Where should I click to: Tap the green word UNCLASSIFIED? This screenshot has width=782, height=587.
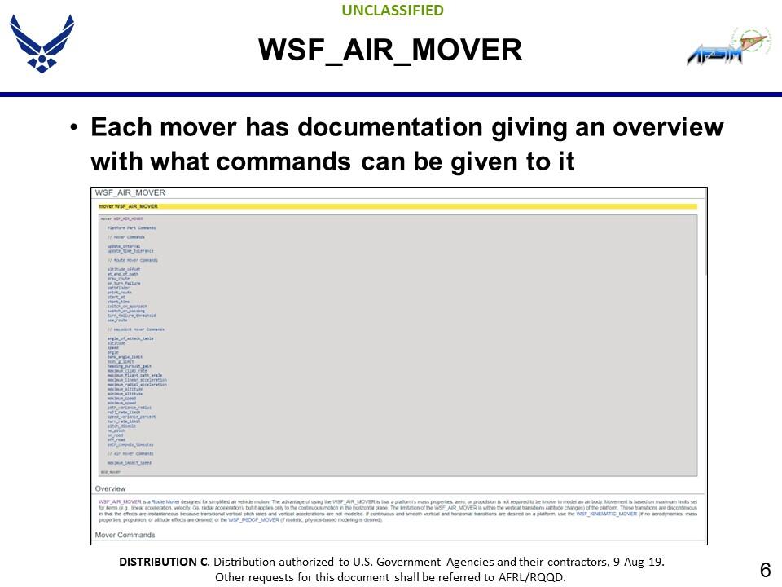point(393,11)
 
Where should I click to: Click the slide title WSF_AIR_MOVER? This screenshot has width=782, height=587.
point(390,51)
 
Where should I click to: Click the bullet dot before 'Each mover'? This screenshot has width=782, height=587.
point(74,129)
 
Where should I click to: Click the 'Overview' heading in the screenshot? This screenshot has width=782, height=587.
point(111,488)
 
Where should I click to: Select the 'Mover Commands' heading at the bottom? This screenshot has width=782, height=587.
point(125,535)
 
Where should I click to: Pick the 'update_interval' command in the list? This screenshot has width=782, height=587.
point(124,246)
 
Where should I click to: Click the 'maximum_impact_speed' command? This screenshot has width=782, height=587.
point(130,463)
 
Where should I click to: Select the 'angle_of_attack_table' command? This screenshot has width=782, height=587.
point(130,338)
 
